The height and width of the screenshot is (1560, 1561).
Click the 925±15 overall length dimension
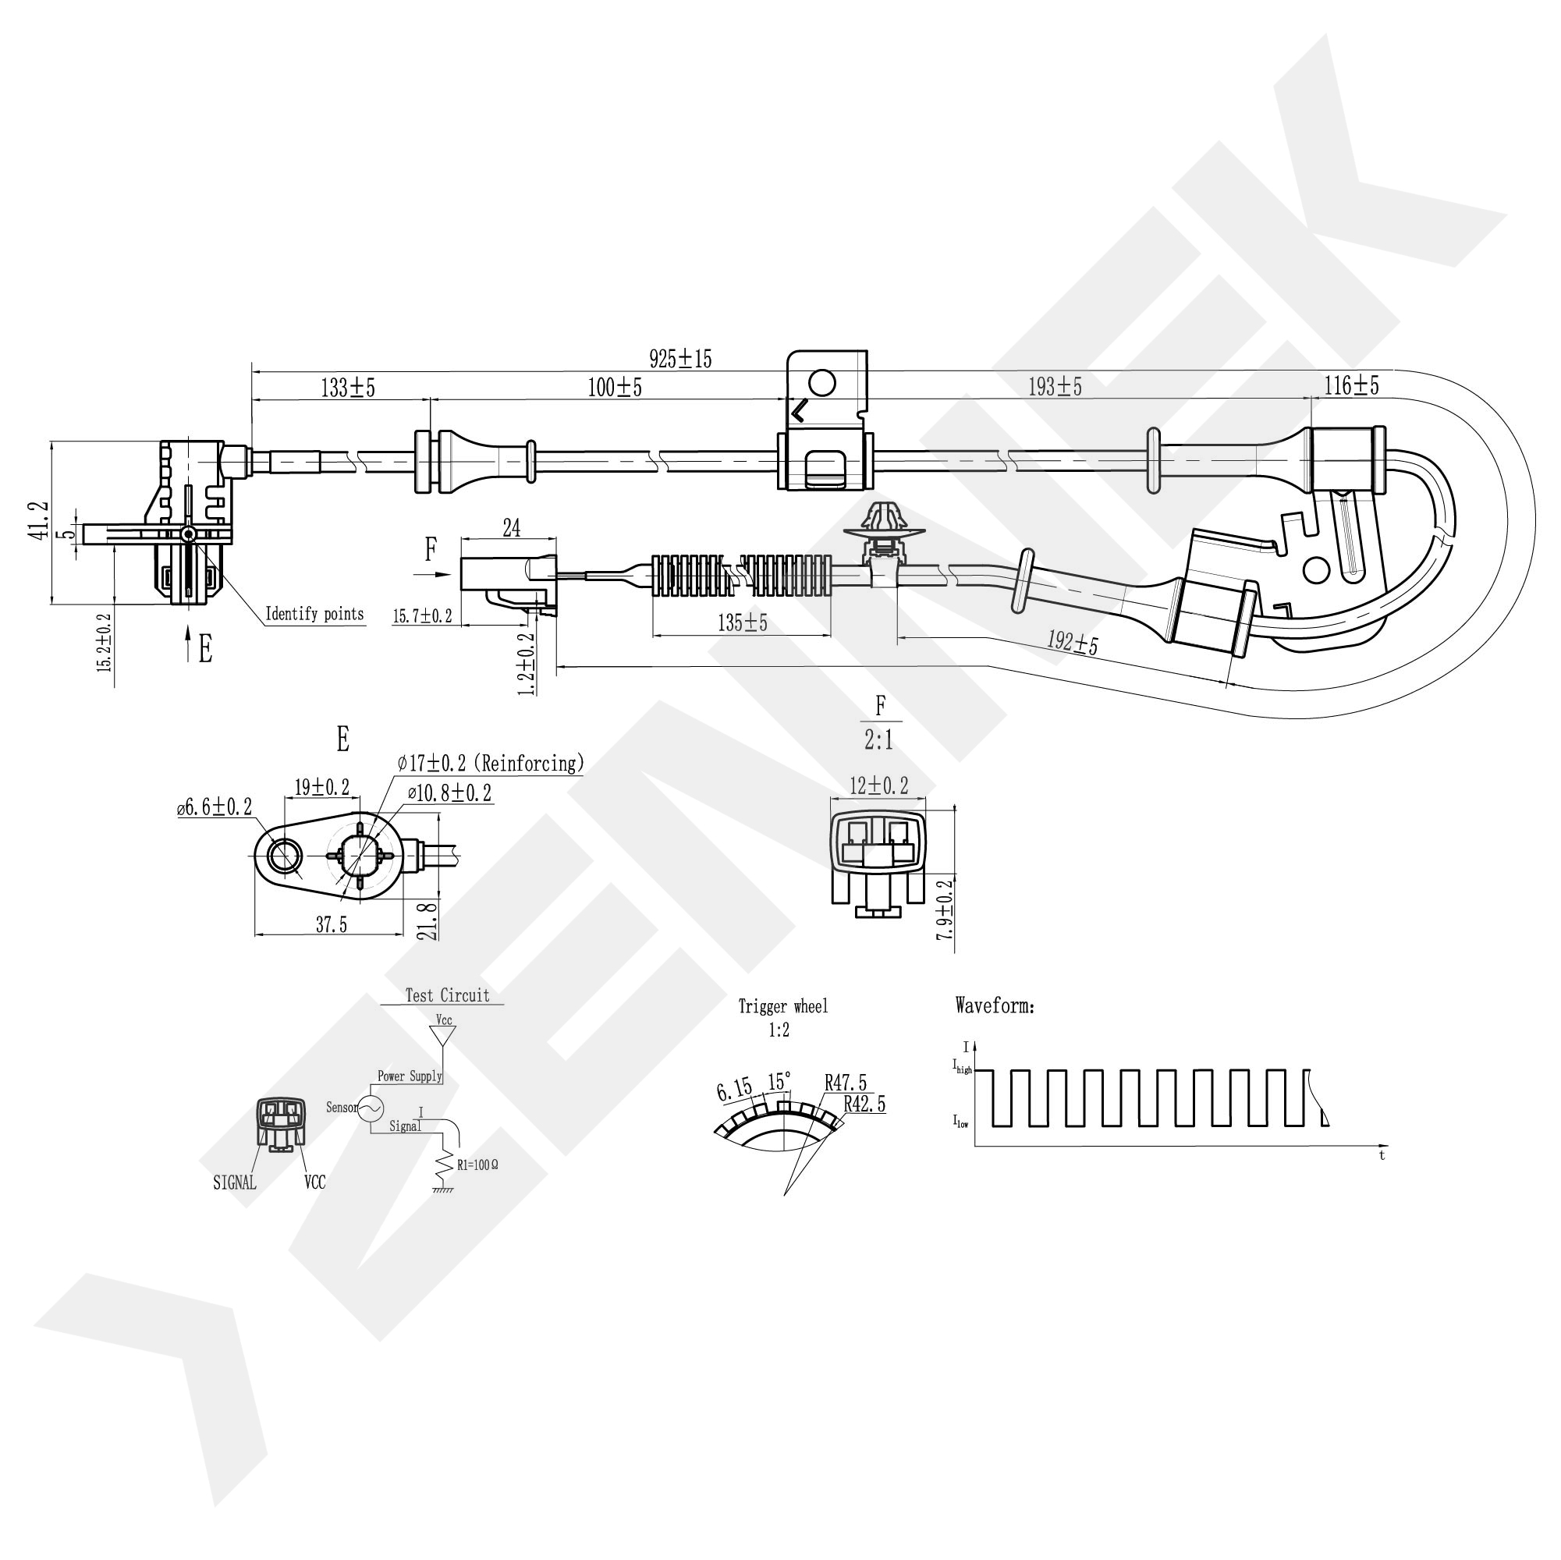point(680,358)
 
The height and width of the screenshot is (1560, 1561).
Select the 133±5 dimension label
point(347,388)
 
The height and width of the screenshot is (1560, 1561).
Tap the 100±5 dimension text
point(614,388)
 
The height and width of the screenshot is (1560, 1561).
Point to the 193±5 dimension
point(1055,387)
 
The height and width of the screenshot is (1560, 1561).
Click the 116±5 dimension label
point(1351,385)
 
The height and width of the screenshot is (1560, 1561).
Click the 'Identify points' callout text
point(314,614)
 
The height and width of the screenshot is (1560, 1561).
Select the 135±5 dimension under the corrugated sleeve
point(742,623)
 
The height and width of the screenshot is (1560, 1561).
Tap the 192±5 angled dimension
point(1072,643)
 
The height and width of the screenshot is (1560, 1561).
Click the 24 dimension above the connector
point(512,528)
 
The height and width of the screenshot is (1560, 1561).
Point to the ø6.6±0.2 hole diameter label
point(215,807)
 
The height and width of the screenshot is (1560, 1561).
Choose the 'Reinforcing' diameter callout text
point(490,763)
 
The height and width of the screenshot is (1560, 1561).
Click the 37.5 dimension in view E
point(332,925)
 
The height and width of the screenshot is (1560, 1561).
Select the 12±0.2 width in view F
point(878,785)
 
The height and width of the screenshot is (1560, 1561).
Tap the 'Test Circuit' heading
point(447,995)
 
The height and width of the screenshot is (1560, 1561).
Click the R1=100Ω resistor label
point(477,1165)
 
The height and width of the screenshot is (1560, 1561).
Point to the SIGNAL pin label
point(234,1182)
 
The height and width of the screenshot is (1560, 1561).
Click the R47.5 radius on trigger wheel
point(845,1083)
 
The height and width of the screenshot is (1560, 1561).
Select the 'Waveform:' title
point(995,1005)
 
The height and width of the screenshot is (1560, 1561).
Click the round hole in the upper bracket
point(821,382)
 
